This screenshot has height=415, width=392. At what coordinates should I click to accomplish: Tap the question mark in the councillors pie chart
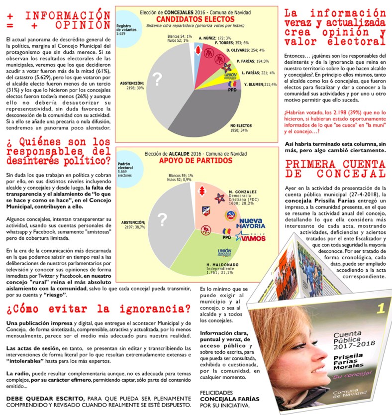click(158, 79)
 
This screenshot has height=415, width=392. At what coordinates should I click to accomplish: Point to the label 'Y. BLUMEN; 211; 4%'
click(260, 84)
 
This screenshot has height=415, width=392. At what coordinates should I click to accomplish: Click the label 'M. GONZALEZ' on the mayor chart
click(242, 192)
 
